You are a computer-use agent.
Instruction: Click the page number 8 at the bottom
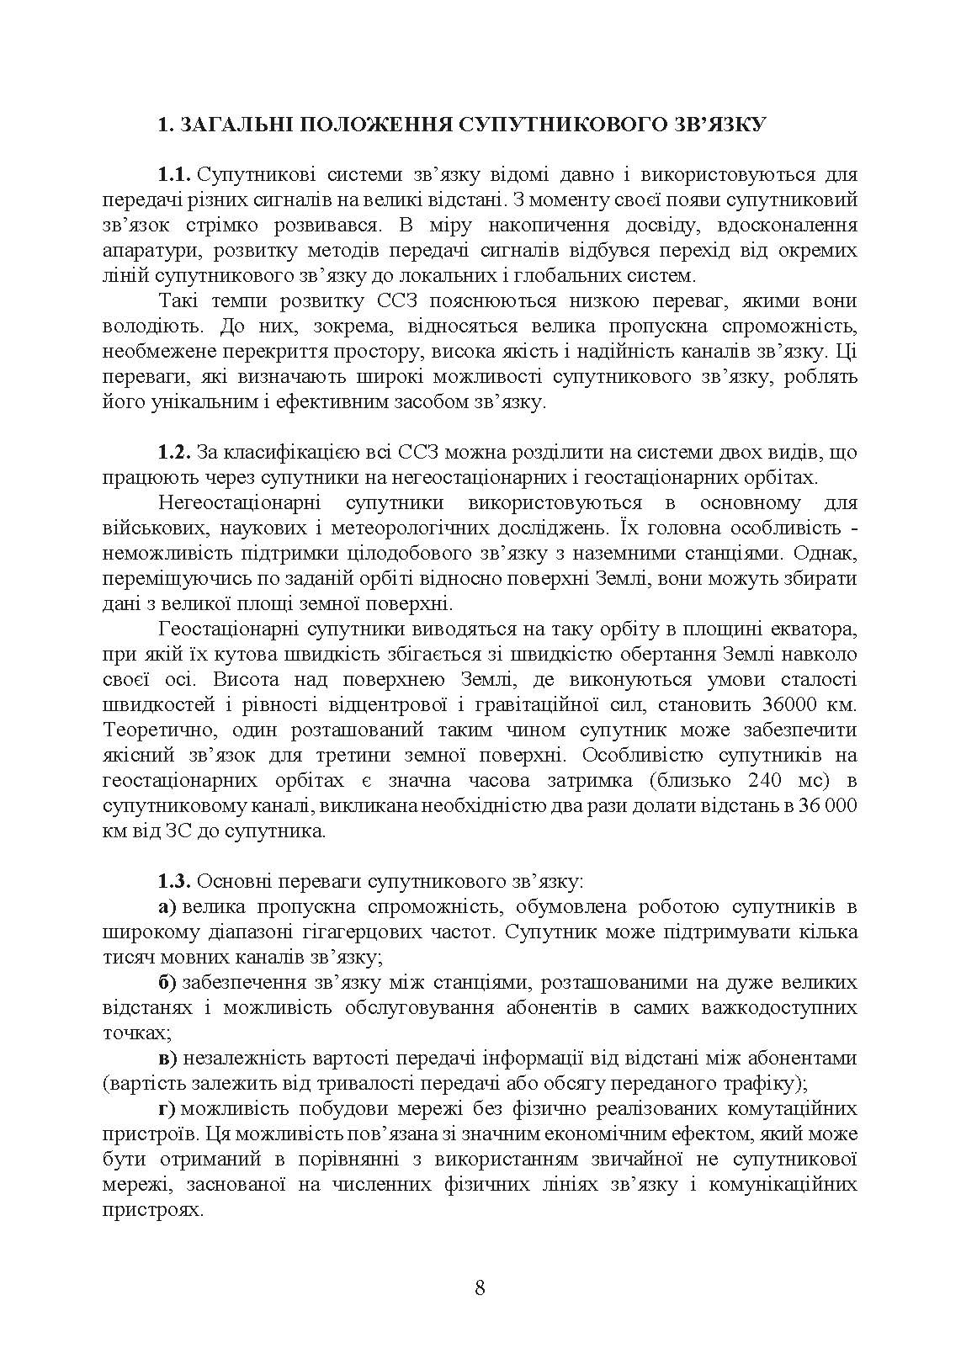click(x=480, y=1287)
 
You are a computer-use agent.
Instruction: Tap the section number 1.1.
click(x=175, y=175)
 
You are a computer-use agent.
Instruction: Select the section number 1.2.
click(x=175, y=453)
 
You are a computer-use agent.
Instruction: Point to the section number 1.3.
click(x=175, y=882)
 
